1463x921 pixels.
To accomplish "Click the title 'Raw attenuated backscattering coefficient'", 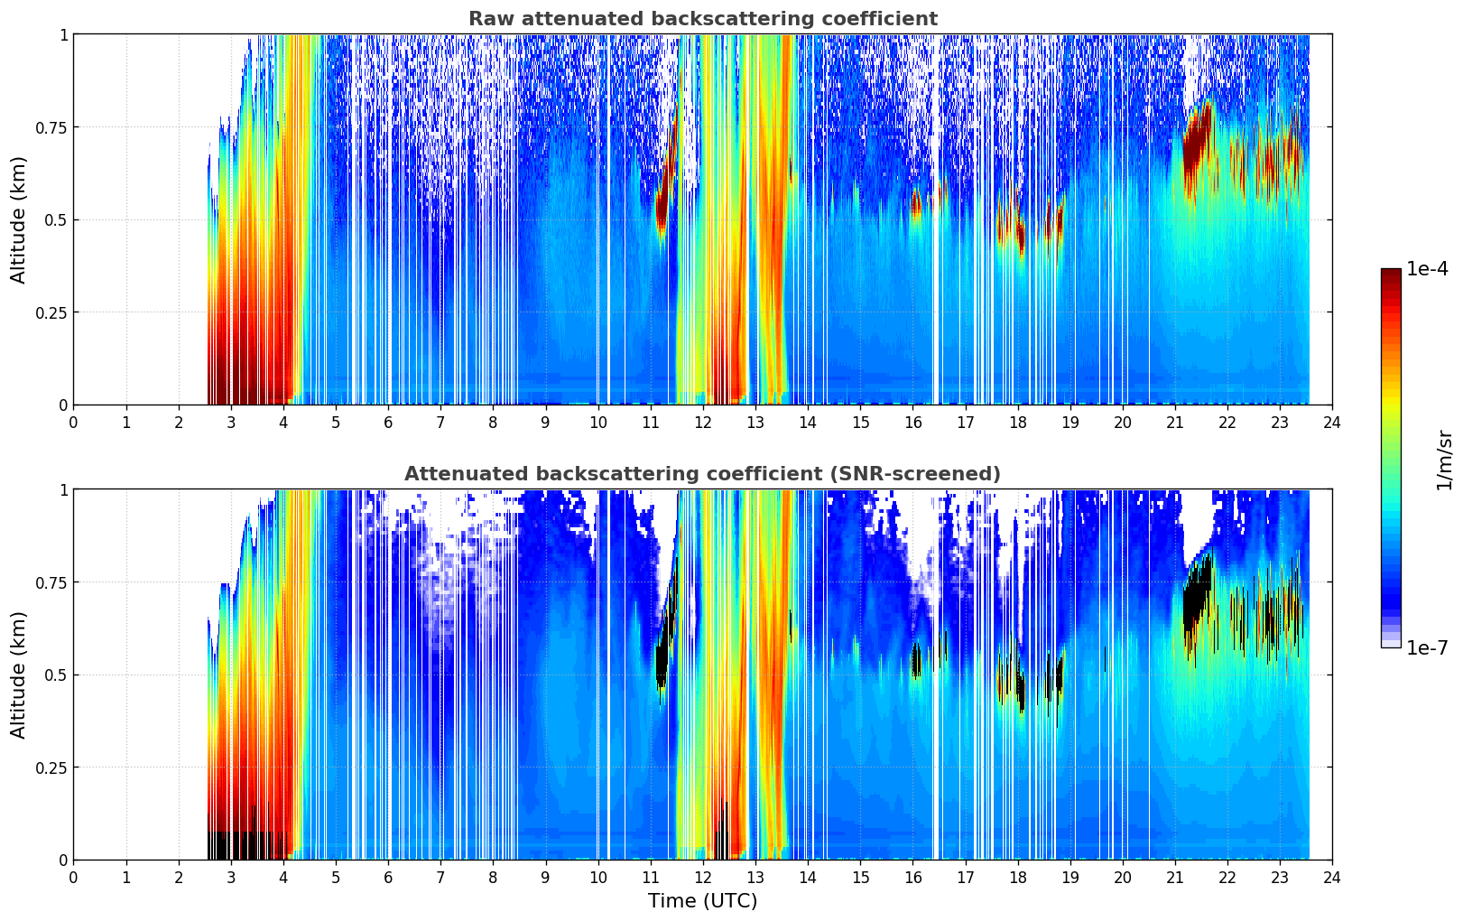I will pyautogui.click(x=702, y=19).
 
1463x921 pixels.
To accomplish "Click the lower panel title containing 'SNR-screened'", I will pyautogui.click(x=702, y=474).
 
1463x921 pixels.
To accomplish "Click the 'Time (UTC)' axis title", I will pyautogui.click(x=702, y=901).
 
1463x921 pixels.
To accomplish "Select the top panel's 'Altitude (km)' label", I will pyautogui.click(x=19, y=219).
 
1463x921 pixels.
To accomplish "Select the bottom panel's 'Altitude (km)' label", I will pyautogui.click(x=19, y=674).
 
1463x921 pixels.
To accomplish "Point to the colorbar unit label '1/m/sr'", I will pyautogui.click(x=1444, y=459).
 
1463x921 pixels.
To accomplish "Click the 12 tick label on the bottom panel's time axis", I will pyautogui.click(x=703, y=877).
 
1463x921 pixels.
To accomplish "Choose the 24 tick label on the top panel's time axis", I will pyautogui.click(x=1331, y=422).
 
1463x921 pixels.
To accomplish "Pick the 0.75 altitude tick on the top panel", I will pyautogui.click(x=51, y=127).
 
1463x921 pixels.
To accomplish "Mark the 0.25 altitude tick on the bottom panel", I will pyautogui.click(x=51, y=767).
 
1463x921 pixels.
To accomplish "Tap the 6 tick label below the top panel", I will pyautogui.click(x=388, y=422).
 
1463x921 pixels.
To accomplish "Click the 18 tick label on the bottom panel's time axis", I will pyautogui.click(x=1017, y=877).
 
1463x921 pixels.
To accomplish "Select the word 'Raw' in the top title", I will pyautogui.click(x=486, y=19).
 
